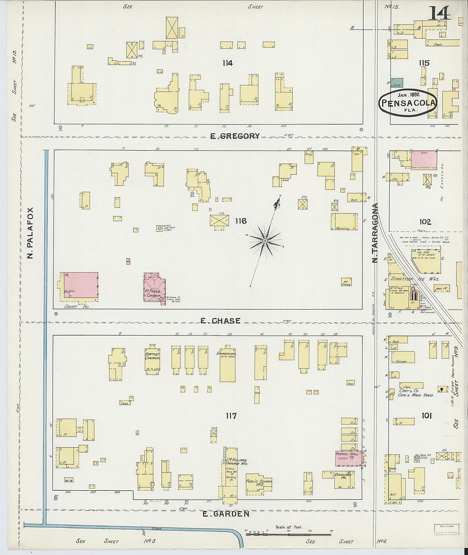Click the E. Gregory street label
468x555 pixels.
(x=235, y=136)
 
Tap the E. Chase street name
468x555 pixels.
(x=220, y=321)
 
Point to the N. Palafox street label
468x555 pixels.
(x=30, y=233)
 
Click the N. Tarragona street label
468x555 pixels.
(x=375, y=233)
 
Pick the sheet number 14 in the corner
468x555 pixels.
(x=439, y=13)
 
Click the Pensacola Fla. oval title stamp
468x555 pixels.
(x=408, y=102)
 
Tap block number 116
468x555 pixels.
(x=241, y=221)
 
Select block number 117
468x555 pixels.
(x=231, y=416)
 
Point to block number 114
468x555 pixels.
(x=228, y=63)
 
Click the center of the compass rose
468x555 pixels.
(x=265, y=241)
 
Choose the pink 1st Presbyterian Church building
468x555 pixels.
(x=154, y=286)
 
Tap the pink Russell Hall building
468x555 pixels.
(x=348, y=458)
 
